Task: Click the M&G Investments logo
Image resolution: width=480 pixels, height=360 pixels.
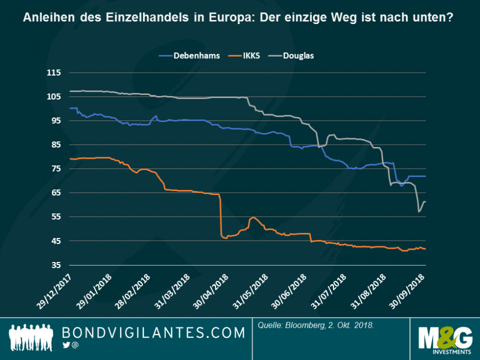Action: pos(444,340)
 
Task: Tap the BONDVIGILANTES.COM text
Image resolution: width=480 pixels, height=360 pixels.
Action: pos(153,333)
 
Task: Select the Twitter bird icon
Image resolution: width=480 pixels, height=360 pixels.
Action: pos(66,346)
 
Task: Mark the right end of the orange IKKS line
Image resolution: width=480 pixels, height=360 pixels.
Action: pos(425,249)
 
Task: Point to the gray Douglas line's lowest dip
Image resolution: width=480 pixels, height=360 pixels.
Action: pos(419,211)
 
